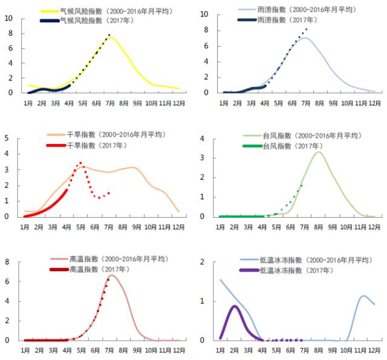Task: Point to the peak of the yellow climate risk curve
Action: point(111,37)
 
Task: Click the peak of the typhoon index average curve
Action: point(318,152)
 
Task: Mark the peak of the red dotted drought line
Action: point(80,162)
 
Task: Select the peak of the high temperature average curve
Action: point(111,275)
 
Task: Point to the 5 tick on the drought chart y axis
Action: point(7,138)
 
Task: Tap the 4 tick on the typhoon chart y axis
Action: point(204,139)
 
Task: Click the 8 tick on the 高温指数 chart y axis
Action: point(7,262)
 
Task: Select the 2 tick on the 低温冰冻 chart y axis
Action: point(204,262)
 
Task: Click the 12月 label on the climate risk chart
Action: point(179,103)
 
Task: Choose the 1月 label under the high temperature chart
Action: point(27,350)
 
